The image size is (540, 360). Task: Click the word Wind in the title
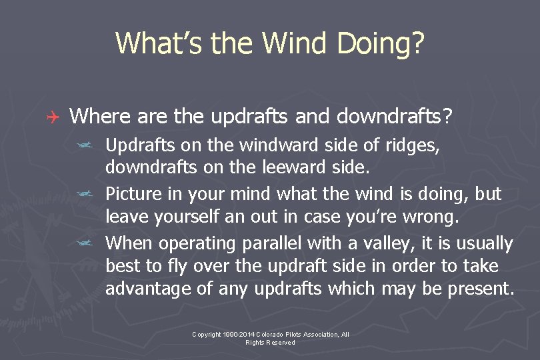pyautogui.click(x=295, y=43)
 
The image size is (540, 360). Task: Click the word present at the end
pyautogui.click(x=479, y=289)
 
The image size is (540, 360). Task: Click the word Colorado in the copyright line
pyautogui.click(x=270, y=334)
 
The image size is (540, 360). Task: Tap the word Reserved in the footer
pyautogui.click(x=279, y=342)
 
